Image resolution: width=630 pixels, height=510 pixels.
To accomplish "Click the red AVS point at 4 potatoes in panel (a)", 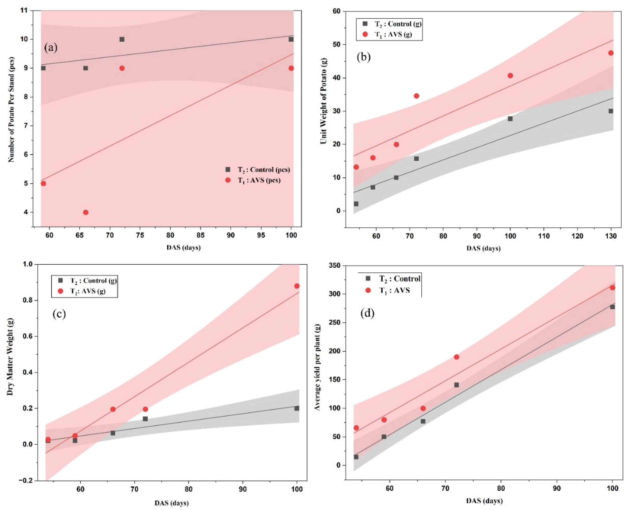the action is pyautogui.click(x=86, y=212).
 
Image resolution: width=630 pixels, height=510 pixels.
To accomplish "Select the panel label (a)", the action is pyautogui.click(x=51, y=47).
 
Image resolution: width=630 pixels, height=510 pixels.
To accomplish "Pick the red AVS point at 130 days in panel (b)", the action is pyautogui.click(x=611, y=53).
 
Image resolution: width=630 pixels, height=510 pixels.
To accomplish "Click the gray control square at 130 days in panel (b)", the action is pyautogui.click(x=611, y=111).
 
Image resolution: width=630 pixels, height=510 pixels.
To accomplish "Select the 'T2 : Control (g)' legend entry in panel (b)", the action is pyautogui.click(x=392, y=24).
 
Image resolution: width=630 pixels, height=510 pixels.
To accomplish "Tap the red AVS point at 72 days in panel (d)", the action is pyautogui.click(x=457, y=357).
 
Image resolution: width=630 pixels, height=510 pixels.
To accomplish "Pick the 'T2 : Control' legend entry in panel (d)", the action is pyautogui.click(x=393, y=279).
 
